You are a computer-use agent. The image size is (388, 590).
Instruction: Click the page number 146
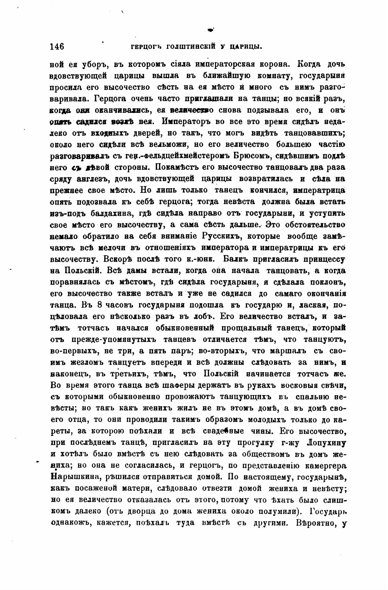point(57,46)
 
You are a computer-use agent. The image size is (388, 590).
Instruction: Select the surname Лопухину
point(326,443)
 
